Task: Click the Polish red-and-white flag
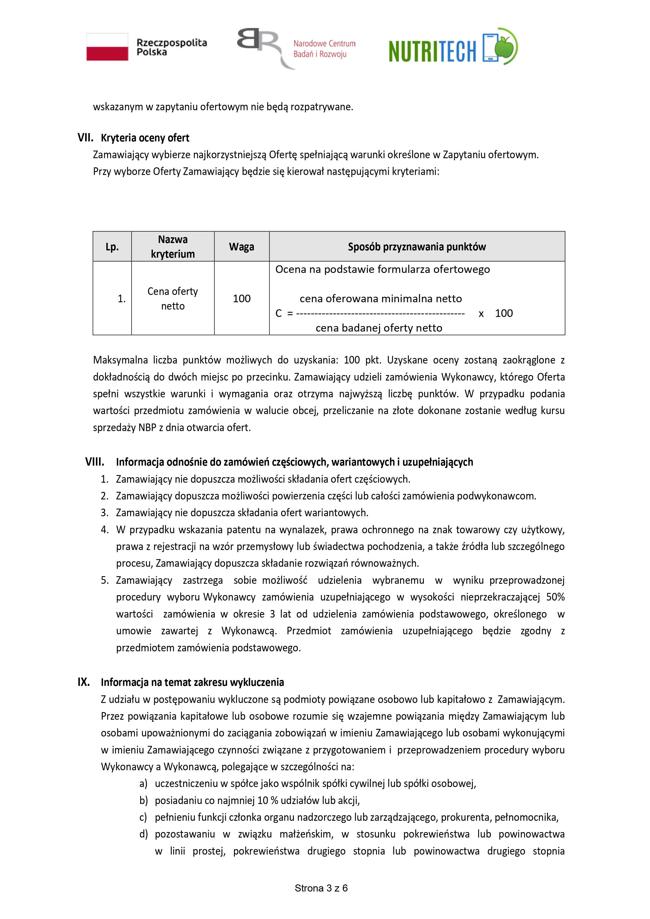pos(107,47)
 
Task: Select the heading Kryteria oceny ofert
pos(145,138)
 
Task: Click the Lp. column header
pos(112,247)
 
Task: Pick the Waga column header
pos(242,247)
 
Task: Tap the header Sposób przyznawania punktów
pos(417,247)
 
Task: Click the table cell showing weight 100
pos(242,299)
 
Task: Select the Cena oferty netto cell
pos(173,299)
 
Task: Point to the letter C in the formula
pos(279,313)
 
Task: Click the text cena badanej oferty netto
pos(379,328)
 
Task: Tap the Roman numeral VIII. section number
pos(95,462)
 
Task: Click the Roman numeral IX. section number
pos(84,682)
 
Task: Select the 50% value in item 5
pos(555,597)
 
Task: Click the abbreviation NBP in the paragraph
pos(148,427)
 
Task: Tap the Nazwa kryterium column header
pos(173,247)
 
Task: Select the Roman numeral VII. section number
pos(85,138)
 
